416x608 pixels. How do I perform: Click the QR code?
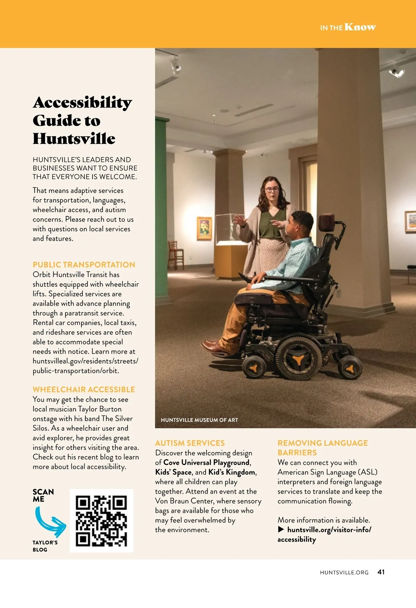102,521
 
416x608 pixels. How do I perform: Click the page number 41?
381,572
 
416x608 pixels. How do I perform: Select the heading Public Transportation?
84,265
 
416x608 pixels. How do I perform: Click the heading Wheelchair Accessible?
84,390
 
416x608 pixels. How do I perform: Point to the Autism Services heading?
190,443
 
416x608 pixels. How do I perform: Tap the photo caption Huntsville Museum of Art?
199,420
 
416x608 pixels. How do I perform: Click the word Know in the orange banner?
360,27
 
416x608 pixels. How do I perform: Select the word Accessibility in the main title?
83,103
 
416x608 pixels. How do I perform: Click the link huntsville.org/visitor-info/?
329,530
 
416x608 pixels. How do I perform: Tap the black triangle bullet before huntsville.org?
281,530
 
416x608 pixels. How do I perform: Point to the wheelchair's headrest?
327,222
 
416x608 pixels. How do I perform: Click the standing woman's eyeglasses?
272,190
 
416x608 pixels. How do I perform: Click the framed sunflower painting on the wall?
205,228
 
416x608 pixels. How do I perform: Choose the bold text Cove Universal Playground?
206,462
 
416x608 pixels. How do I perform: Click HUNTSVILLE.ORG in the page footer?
344,572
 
